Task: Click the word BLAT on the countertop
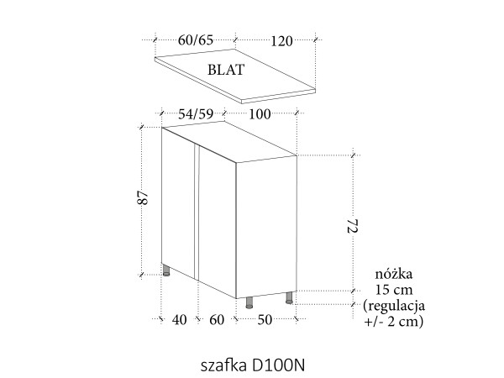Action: tap(226, 71)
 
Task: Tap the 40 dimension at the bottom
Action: tap(178, 320)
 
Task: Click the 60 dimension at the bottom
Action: tap(217, 320)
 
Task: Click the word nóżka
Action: tap(394, 275)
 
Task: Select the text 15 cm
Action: tap(394, 290)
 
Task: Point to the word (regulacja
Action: tap(394, 305)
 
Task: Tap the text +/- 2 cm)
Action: tap(394, 321)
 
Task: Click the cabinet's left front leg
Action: tap(167, 270)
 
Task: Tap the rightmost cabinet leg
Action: tap(290, 297)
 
